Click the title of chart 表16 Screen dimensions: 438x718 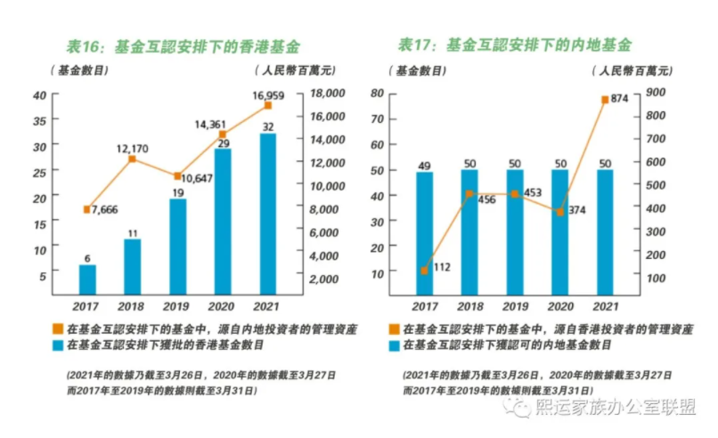(184, 45)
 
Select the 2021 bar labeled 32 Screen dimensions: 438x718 (266, 214)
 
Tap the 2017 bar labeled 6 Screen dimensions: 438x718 (87, 280)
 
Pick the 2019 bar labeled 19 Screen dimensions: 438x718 (177, 247)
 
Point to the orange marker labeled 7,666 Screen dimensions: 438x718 (86, 209)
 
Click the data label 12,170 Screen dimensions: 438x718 (131, 147)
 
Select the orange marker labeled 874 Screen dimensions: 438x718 (606, 100)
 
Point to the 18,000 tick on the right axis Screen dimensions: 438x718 (326, 93)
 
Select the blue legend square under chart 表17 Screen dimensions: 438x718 (394, 344)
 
